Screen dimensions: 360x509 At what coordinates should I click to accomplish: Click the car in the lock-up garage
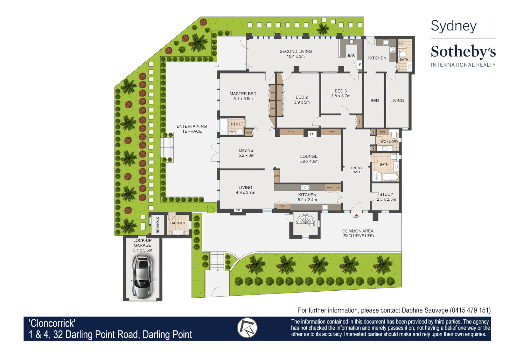pos(143,277)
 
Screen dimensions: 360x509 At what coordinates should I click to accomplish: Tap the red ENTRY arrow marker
pos(356,215)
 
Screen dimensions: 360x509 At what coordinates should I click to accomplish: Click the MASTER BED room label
pos(243,94)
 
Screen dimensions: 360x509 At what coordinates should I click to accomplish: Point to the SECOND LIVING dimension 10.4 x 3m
pos(296,56)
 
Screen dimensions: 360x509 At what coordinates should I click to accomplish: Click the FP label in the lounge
pos(312,134)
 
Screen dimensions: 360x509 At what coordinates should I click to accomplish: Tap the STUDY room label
pos(386,194)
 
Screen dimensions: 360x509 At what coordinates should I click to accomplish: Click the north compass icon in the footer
pos(247,328)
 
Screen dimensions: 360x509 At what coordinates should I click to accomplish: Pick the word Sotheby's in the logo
pos(463,52)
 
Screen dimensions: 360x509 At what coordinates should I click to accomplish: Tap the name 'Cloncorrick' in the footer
pos(52,323)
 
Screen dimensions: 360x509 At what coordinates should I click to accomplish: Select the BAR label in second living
pos(351,56)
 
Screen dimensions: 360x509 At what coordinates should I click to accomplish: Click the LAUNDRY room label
pos(178,223)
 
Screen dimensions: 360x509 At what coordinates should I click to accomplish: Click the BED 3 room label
pos(341,91)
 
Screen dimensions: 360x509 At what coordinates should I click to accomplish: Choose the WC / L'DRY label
pos(389,141)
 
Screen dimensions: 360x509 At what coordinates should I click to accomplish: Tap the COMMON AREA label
pos(358,231)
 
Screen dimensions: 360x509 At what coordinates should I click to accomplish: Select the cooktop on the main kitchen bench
pos(305,188)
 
